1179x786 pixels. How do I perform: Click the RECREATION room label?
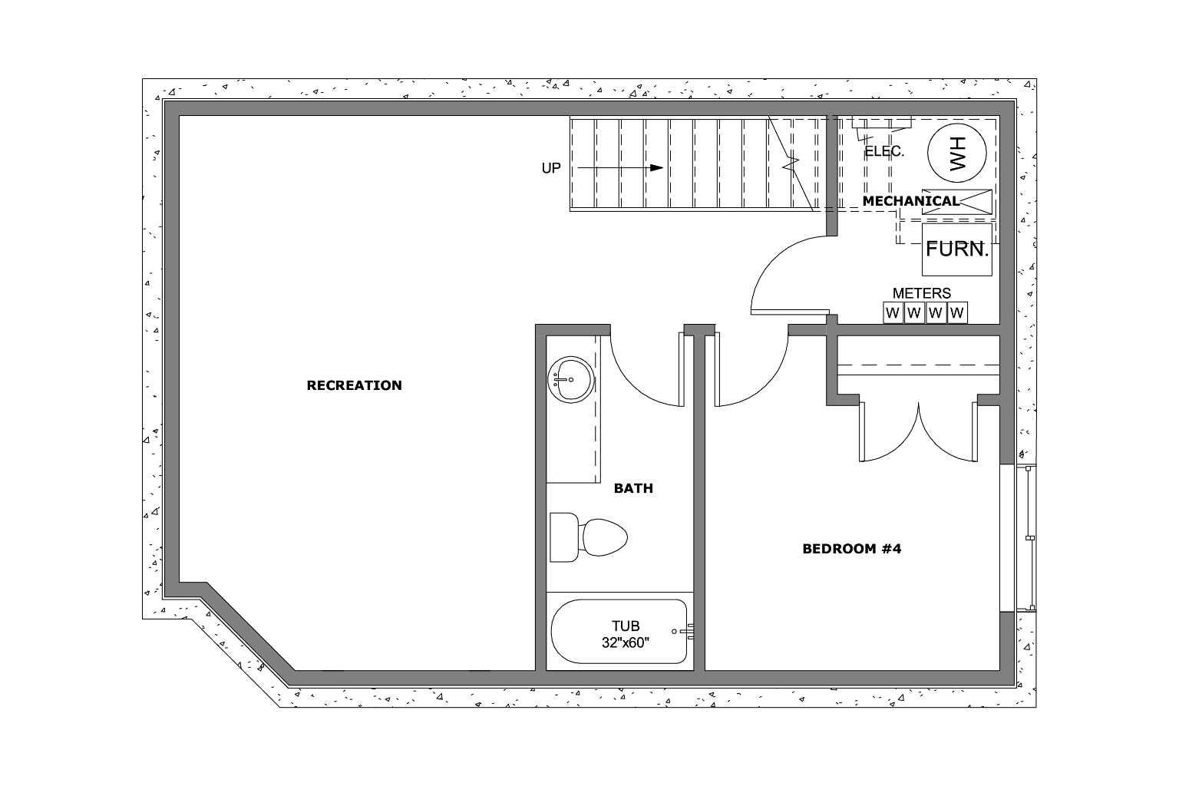pyautogui.click(x=354, y=385)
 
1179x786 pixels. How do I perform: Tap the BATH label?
pyautogui.click(x=633, y=488)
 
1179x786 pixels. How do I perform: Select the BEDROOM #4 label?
pyautogui.click(x=851, y=549)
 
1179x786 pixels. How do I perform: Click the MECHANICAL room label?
pyautogui.click(x=910, y=201)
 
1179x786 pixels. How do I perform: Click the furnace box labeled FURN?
pyautogui.click(x=956, y=249)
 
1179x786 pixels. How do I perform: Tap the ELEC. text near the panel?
pyautogui.click(x=884, y=152)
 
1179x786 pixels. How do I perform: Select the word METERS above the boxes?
pyautogui.click(x=921, y=293)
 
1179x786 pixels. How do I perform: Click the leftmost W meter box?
pyautogui.click(x=892, y=313)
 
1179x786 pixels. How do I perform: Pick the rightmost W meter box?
pyautogui.click(x=956, y=313)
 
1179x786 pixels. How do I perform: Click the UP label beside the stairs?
pyautogui.click(x=551, y=168)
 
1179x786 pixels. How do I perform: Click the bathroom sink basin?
pyautogui.click(x=570, y=379)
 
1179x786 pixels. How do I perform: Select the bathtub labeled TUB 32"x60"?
pyautogui.click(x=619, y=632)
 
